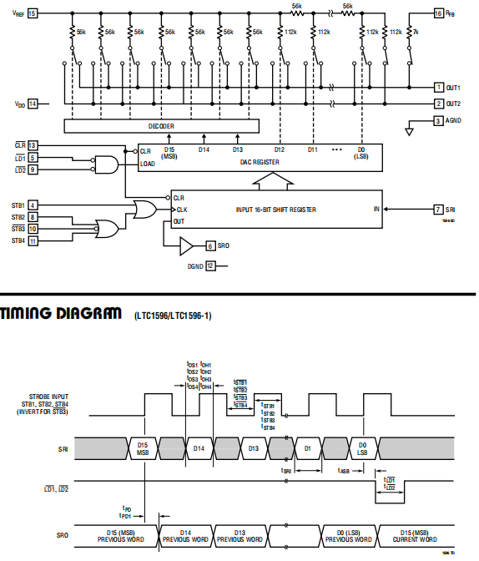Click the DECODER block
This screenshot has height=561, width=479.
[x=161, y=126]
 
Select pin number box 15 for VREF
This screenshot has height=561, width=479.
[x=33, y=13]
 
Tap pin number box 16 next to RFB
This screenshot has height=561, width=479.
[x=439, y=13]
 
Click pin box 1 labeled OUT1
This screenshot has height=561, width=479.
[x=439, y=88]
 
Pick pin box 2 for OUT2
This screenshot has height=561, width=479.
[x=439, y=104]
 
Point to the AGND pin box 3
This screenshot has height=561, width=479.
[x=439, y=121]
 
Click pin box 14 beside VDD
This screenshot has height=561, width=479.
[x=33, y=104]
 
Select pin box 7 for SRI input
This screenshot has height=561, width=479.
[x=439, y=209]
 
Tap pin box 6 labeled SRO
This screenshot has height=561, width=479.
[x=210, y=245]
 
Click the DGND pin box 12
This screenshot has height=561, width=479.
[x=210, y=265]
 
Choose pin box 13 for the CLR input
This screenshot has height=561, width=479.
[x=33, y=145]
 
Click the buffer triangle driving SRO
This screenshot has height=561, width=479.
[x=185, y=245]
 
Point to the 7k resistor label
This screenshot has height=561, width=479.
[x=416, y=31]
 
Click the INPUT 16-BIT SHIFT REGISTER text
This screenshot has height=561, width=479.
[x=275, y=209]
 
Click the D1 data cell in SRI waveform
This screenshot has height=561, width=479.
[x=308, y=448]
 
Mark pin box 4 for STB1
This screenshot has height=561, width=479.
[x=33, y=205]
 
